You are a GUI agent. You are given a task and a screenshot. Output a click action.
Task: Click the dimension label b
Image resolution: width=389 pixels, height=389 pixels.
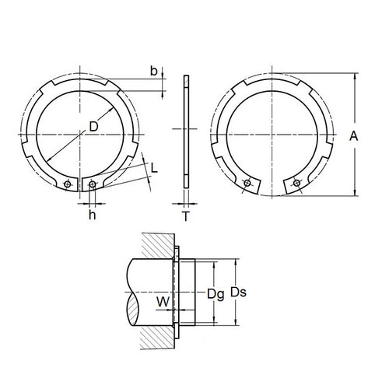coord(153,72)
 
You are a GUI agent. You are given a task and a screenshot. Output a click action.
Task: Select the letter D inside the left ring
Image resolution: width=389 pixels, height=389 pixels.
coord(93,127)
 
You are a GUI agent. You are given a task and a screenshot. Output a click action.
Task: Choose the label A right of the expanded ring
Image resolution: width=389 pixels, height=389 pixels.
coord(353,135)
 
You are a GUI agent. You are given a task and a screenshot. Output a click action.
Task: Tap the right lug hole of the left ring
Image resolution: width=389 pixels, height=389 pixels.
coord(93,184)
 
